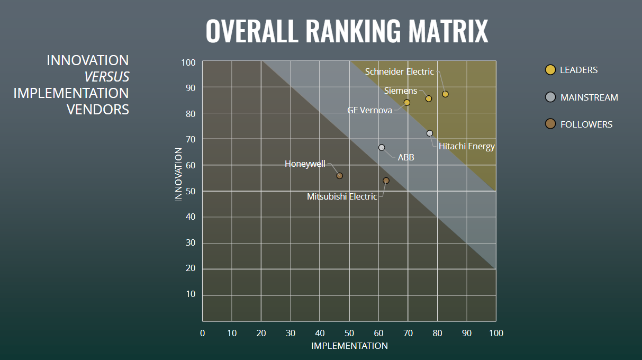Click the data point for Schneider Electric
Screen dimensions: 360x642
(x=445, y=94)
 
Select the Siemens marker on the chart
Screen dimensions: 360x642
(x=429, y=98)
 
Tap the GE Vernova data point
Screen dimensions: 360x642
(x=407, y=103)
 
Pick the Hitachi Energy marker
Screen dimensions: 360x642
(x=430, y=133)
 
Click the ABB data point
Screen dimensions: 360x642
(x=382, y=148)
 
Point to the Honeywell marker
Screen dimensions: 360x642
(x=340, y=176)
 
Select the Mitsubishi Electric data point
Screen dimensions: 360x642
(x=386, y=181)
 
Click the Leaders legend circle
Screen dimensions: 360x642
(x=550, y=70)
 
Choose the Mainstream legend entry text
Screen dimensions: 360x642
(x=589, y=97)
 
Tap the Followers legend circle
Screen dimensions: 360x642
(x=550, y=124)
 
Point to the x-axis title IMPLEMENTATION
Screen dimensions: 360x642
(x=349, y=346)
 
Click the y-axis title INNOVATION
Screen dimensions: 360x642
(x=178, y=174)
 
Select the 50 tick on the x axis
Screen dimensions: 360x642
(x=349, y=333)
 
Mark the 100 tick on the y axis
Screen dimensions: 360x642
(x=188, y=62)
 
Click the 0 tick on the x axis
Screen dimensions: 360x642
(x=202, y=333)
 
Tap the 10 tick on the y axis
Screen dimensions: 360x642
(x=191, y=294)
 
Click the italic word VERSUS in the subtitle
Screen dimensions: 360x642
(x=106, y=77)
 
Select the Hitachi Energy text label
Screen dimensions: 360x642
(x=466, y=147)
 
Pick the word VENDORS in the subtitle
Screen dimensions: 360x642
(x=97, y=110)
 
